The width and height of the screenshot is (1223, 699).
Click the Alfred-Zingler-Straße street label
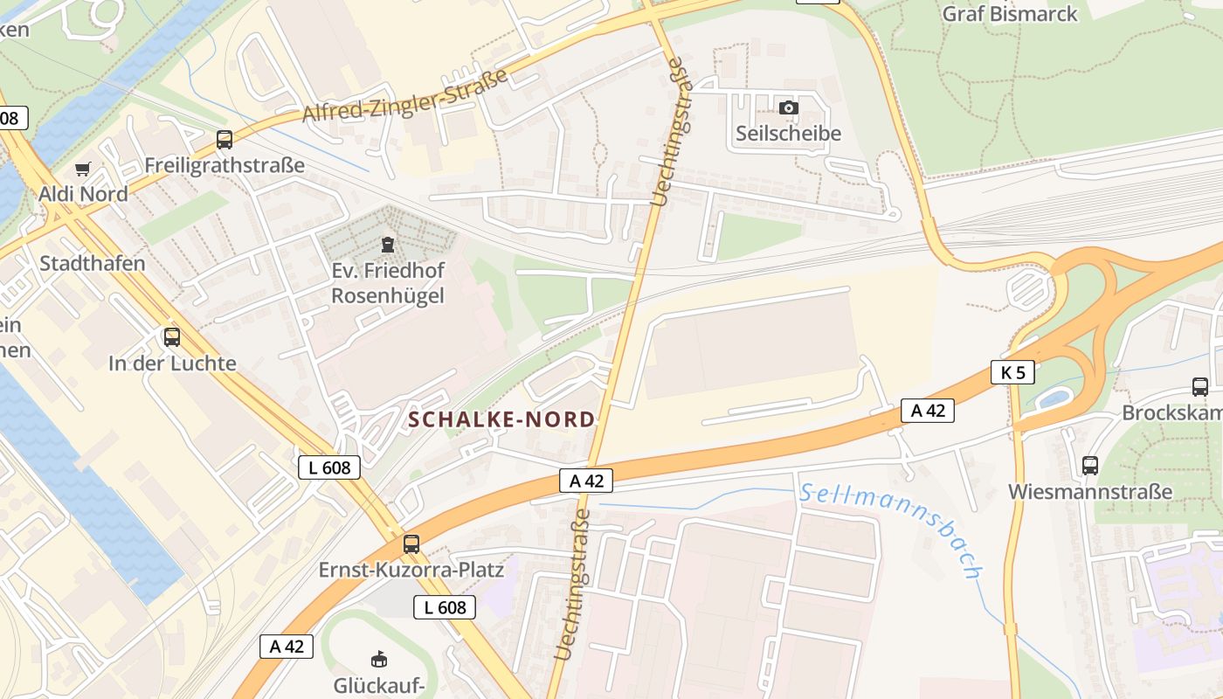click(404, 96)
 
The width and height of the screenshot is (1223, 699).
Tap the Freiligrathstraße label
click(225, 165)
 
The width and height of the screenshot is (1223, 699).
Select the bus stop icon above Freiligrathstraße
click(225, 140)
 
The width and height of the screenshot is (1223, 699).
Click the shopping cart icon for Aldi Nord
click(83, 169)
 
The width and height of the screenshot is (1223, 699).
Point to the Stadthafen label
click(93, 263)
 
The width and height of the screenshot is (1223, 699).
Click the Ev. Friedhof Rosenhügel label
click(388, 283)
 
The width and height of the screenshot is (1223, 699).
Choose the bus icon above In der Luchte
click(172, 336)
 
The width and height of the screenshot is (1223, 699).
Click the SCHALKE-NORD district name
click(501, 419)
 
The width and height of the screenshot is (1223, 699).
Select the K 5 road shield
click(1012, 372)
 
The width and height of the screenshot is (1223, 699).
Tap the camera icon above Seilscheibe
click(788, 107)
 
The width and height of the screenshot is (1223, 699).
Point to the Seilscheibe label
click(788, 134)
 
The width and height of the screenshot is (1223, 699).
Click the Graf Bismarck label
click(1010, 14)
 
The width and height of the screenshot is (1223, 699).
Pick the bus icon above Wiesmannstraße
click(1089, 466)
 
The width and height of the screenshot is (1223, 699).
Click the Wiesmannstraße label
click(1090, 491)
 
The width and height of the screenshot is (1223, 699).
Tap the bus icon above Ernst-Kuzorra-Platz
click(411, 544)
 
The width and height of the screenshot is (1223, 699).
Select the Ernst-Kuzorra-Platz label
click(411, 570)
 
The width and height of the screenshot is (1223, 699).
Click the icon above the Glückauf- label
click(379, 659)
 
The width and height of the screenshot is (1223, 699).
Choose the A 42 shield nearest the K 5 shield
click(928, 410)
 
